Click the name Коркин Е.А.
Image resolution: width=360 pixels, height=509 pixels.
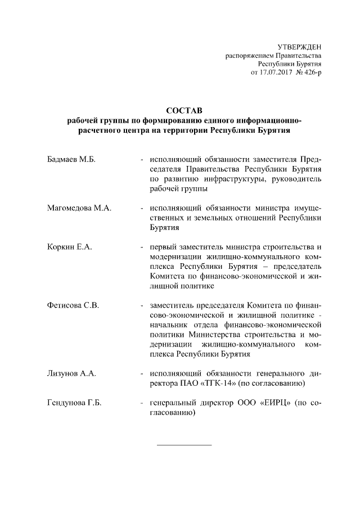pyautogui.click(x=69, y=247)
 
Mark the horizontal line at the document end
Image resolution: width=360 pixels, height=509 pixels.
pyautogui.click(x=183, y=445)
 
